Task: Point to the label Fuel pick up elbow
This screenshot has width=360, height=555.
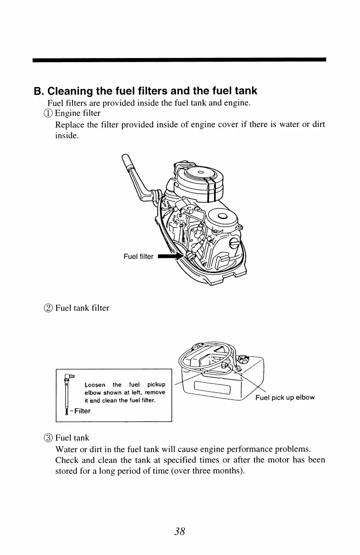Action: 285,398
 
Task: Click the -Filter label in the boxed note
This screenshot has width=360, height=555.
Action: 80,411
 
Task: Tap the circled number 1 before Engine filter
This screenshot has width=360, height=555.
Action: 51,112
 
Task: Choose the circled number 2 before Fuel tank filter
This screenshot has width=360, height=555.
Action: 51,308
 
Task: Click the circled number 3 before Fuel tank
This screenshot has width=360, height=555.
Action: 51,438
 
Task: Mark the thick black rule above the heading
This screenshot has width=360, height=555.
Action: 180,59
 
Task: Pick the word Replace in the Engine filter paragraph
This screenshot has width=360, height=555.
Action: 69,124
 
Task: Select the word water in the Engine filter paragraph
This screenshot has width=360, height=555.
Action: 285,124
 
